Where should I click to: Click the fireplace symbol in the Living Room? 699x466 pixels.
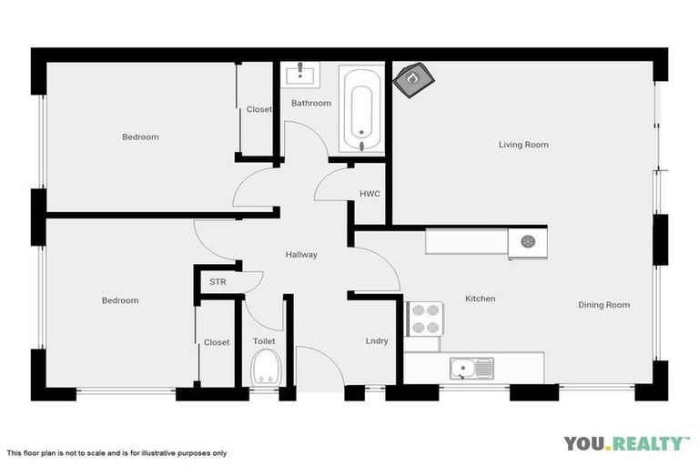(412, 78)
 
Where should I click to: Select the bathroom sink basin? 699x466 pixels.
(299, 72)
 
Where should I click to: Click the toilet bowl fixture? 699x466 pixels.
(265, 369)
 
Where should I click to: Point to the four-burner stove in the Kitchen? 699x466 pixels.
(423, 318)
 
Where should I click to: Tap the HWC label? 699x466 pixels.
(370, 194)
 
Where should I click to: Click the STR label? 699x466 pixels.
(218, 282)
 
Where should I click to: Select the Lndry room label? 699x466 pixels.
(377, 341)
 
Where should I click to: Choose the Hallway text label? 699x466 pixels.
(301, 255)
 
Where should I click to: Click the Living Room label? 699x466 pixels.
(523, 145)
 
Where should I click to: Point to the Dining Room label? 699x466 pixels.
(603, 305)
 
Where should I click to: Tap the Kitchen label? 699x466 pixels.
(481, 299)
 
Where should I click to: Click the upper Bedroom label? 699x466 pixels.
(140, 137)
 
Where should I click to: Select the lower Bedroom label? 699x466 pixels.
(120, 300)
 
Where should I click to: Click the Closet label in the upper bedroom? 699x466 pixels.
(259, 110)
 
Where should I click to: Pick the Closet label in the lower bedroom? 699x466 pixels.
(217, 342)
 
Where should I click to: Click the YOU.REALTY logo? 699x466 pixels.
(626, 443)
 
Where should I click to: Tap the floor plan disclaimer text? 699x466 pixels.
(116, 452)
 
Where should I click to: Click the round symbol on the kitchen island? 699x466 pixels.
(528, 241)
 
